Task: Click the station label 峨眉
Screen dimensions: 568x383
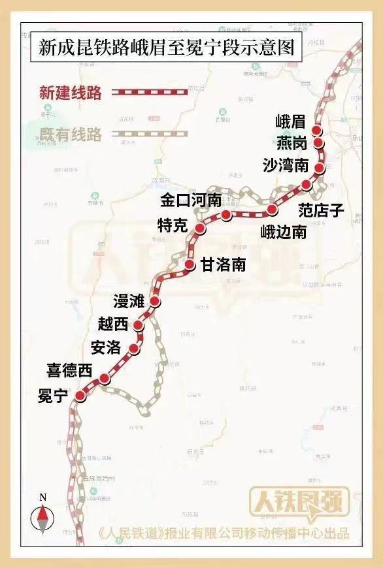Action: [x=291, y=122]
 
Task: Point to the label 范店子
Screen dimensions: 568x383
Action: [x=321, y=210]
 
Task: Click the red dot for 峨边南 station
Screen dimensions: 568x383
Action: [x=273, y=210]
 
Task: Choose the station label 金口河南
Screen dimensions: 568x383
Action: [x=191, y=200]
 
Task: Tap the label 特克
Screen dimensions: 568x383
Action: [x=173, y=226]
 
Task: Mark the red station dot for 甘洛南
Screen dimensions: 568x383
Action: [x=190, y=264]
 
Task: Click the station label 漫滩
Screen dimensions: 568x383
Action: [x=129, y=301]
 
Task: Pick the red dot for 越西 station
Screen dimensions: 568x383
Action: [x=139, y=325]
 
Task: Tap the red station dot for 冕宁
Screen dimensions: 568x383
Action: [x=80, y=396]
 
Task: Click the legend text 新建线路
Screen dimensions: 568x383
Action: [x=71, y=93]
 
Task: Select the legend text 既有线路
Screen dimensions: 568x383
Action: [x=71, y=135]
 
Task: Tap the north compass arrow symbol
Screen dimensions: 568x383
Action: [x=43, y=520]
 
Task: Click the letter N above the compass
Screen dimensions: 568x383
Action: [x=43, y=497]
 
